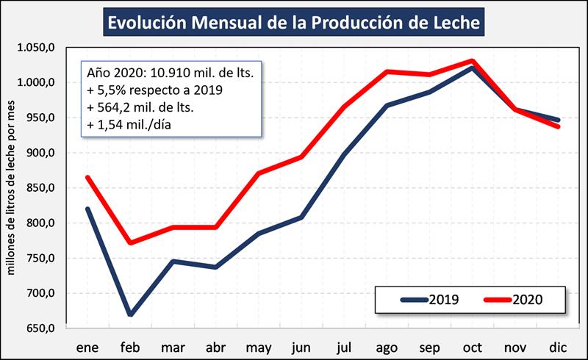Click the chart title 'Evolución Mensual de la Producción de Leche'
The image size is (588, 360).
coord(294,23)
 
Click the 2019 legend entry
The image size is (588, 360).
coord(431,300)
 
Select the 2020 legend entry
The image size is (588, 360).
coord(514,300)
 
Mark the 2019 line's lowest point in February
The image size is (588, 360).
coord(131,314)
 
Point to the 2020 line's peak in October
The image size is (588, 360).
coord(472,61)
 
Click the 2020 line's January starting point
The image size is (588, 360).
coord(88,177)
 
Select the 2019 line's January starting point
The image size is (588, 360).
coord(88,209)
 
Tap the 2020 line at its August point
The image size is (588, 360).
coord(387,71)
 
